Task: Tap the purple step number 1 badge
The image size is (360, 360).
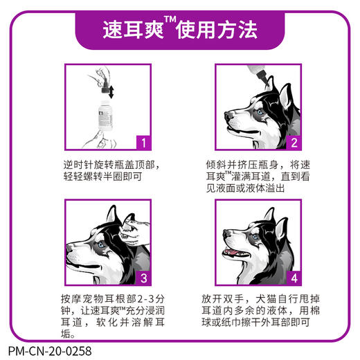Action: (141, 144)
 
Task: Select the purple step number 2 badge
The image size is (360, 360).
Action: (293, 144)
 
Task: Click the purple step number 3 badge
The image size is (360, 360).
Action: (141, 280)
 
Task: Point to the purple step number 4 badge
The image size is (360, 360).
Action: (293, 280)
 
